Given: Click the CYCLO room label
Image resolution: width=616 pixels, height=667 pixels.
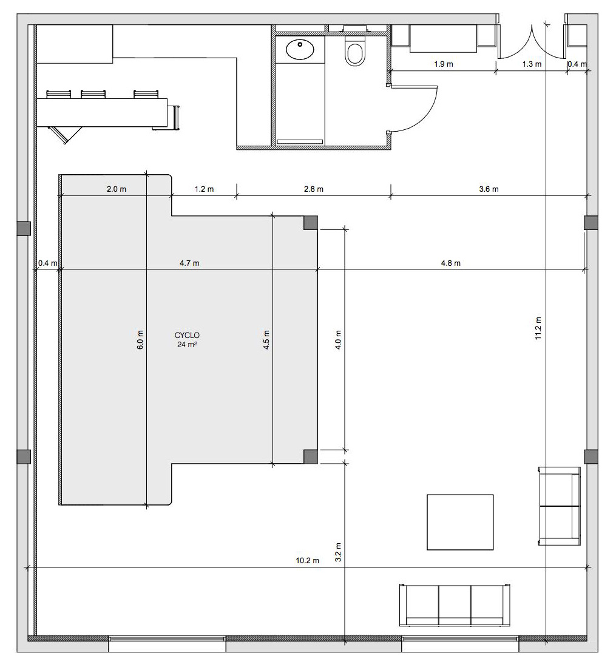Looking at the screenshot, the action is click(x=187, y=336).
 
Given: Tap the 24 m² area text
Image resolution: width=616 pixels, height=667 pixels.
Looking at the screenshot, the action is click(x=187, y=345).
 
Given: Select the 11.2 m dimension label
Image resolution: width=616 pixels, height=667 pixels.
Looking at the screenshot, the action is click(x=538, y=328).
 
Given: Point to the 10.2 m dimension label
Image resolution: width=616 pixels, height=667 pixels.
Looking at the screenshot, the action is click(x=308, y=561).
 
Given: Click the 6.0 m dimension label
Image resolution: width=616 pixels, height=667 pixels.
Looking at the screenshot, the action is click(x=140, y=340).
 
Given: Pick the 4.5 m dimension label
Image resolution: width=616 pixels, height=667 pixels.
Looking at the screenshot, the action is click(x=266, y=340).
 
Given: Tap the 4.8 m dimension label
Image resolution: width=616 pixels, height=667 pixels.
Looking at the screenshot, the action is click(x=450, y=263).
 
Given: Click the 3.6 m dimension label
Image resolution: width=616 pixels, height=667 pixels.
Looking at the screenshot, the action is click(x=489, y=189).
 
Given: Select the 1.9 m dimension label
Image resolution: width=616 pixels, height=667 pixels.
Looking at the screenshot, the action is click(x=444, y=64).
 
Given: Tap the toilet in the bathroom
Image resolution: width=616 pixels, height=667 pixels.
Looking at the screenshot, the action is click(x=355, y=50).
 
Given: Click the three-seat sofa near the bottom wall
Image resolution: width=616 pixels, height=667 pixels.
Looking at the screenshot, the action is click(x=455, y=605).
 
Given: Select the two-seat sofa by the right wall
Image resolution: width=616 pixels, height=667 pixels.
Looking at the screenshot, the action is click(x=560, y=506).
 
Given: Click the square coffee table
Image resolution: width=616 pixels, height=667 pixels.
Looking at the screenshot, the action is click(x=460, y=522).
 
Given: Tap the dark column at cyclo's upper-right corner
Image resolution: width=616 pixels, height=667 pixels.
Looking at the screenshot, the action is click(x=311, y=223).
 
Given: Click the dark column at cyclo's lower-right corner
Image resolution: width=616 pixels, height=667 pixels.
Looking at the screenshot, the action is click(x=311, y=456).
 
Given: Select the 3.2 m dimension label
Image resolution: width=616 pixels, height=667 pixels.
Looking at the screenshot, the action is click(x=338, y=552).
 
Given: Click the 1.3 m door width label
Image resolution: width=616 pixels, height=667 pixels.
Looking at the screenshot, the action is click(x=532, y=64).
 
